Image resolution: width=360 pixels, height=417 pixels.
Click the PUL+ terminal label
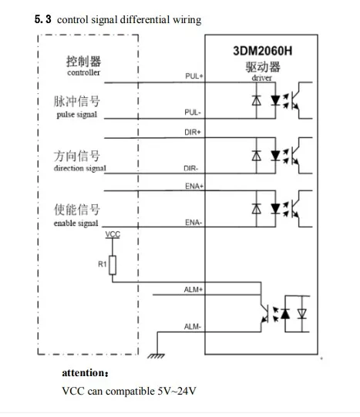(194, 76)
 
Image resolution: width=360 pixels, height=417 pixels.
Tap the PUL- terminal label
(193, 113)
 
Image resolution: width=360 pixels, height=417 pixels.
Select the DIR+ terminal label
(193, 132)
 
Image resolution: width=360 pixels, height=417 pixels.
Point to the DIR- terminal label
(191, 168)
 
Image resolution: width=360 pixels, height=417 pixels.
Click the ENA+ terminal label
(194, 187)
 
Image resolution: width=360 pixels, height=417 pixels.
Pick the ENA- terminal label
(193, 222)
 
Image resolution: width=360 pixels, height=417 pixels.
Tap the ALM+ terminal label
(193, 289)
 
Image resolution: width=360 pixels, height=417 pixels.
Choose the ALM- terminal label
(193, 326)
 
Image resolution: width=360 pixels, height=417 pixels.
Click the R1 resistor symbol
(113, 265)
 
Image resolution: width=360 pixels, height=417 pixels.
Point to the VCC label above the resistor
(113, 234)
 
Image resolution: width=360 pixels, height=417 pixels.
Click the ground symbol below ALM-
(156, 356)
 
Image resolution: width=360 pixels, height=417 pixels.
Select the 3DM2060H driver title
(262, 51)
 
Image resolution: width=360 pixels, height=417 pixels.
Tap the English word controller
(84, 72)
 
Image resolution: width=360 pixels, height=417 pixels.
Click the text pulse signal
(77, 115)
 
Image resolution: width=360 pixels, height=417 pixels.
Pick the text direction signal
(79, 168)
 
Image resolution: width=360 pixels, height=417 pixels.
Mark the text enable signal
(76, 223)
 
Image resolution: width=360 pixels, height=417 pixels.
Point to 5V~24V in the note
(177, 391)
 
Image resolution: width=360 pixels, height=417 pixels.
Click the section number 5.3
(43, 19)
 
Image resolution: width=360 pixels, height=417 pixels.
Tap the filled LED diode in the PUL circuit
(275, 100)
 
